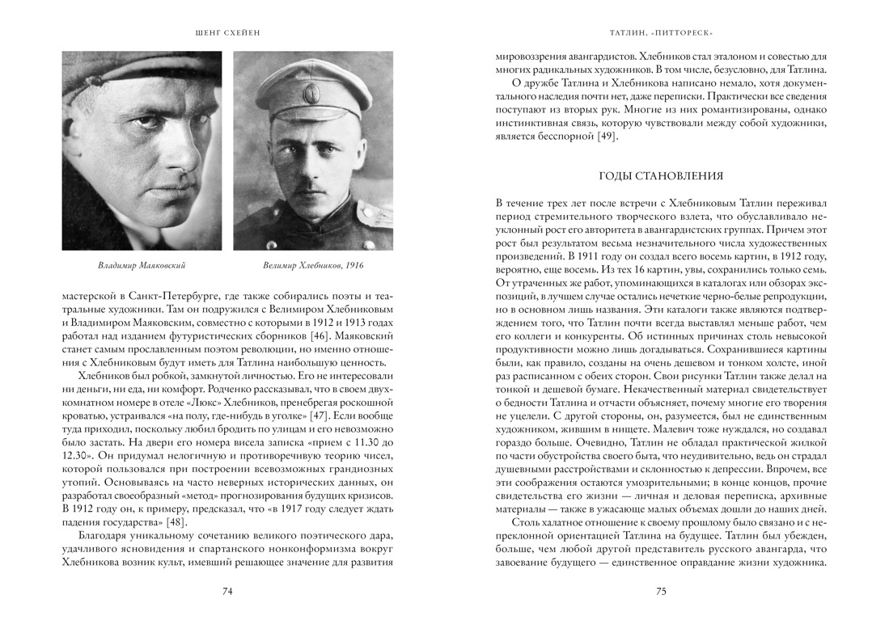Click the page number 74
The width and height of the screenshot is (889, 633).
point(227,592)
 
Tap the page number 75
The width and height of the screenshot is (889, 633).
point(660,592)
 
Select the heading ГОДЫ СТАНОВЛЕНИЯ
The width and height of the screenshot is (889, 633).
point(660,175)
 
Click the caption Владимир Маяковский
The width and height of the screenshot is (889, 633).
point(142,264)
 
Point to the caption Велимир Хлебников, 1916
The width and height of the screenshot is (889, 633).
point(313,264)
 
